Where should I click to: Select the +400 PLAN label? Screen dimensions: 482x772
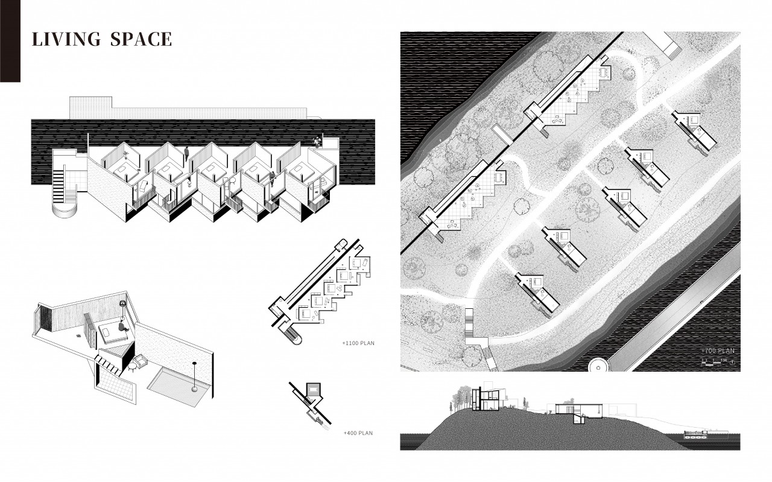pyautogui.click(x=359, y=433)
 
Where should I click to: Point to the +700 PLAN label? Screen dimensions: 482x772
pyautogui.click(x=718, y=350)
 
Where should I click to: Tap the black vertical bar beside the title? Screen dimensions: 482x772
pyautogui.click(x=10, y=41)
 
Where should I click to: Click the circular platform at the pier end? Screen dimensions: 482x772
pyautogui.click(x=598, y=365)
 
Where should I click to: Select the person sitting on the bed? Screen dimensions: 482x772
pyautogui.click(x=123, y=326)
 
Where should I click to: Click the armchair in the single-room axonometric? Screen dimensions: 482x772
pyautogui.click(x=142, y=361)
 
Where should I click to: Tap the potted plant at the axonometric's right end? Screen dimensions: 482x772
pyautogui.click(x=317, y=141)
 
